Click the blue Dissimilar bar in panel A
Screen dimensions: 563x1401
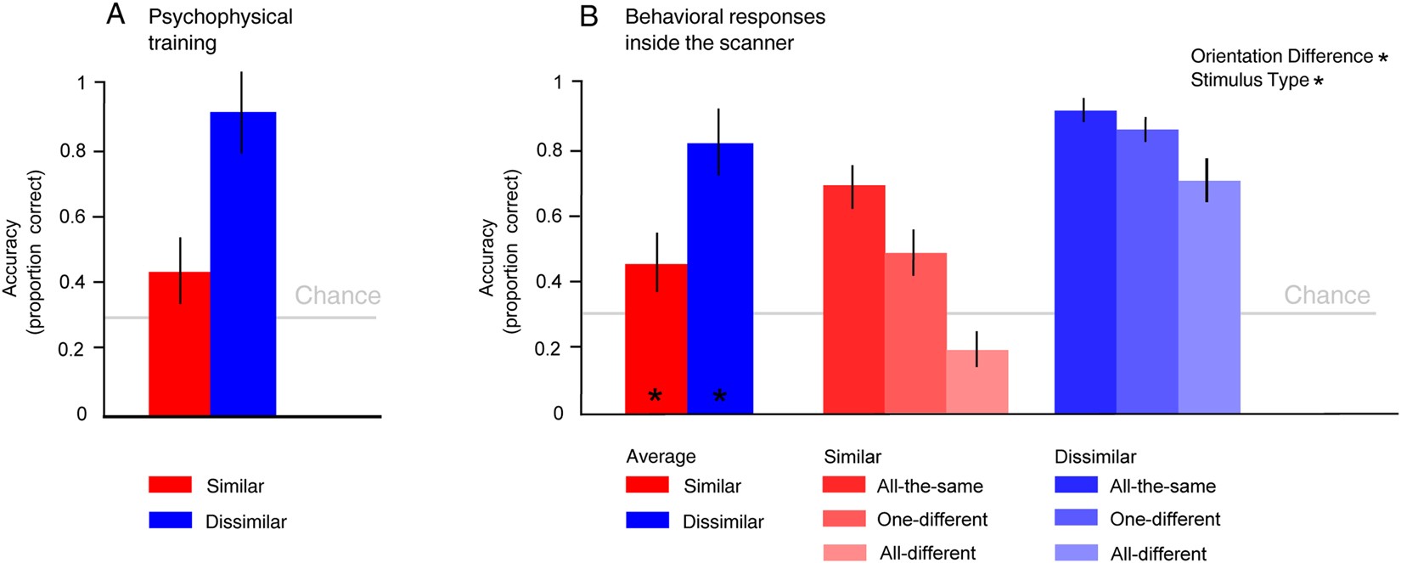(243, 263)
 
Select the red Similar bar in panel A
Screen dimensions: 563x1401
(179, 344)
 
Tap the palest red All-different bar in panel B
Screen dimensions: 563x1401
(977, 381)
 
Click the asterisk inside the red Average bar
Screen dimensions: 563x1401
(655, 396)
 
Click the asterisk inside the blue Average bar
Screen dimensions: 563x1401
(720, 396)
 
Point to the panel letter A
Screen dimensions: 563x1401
(115, 14)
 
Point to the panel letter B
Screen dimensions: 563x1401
(588, 16)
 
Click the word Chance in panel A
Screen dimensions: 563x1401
(337, 296)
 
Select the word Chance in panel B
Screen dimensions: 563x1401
(1326, 295)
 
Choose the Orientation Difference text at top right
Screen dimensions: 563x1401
(1280, 56)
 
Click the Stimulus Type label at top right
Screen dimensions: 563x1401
(1249, 81)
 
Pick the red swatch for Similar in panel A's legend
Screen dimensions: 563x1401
(170, 485)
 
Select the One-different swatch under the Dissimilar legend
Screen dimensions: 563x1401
(1076, 518)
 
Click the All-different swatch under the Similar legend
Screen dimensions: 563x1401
(845, 552)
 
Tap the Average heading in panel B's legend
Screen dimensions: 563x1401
(661, 456)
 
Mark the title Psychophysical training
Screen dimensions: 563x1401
(220, 29)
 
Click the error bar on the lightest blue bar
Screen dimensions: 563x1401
(1206, 179)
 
